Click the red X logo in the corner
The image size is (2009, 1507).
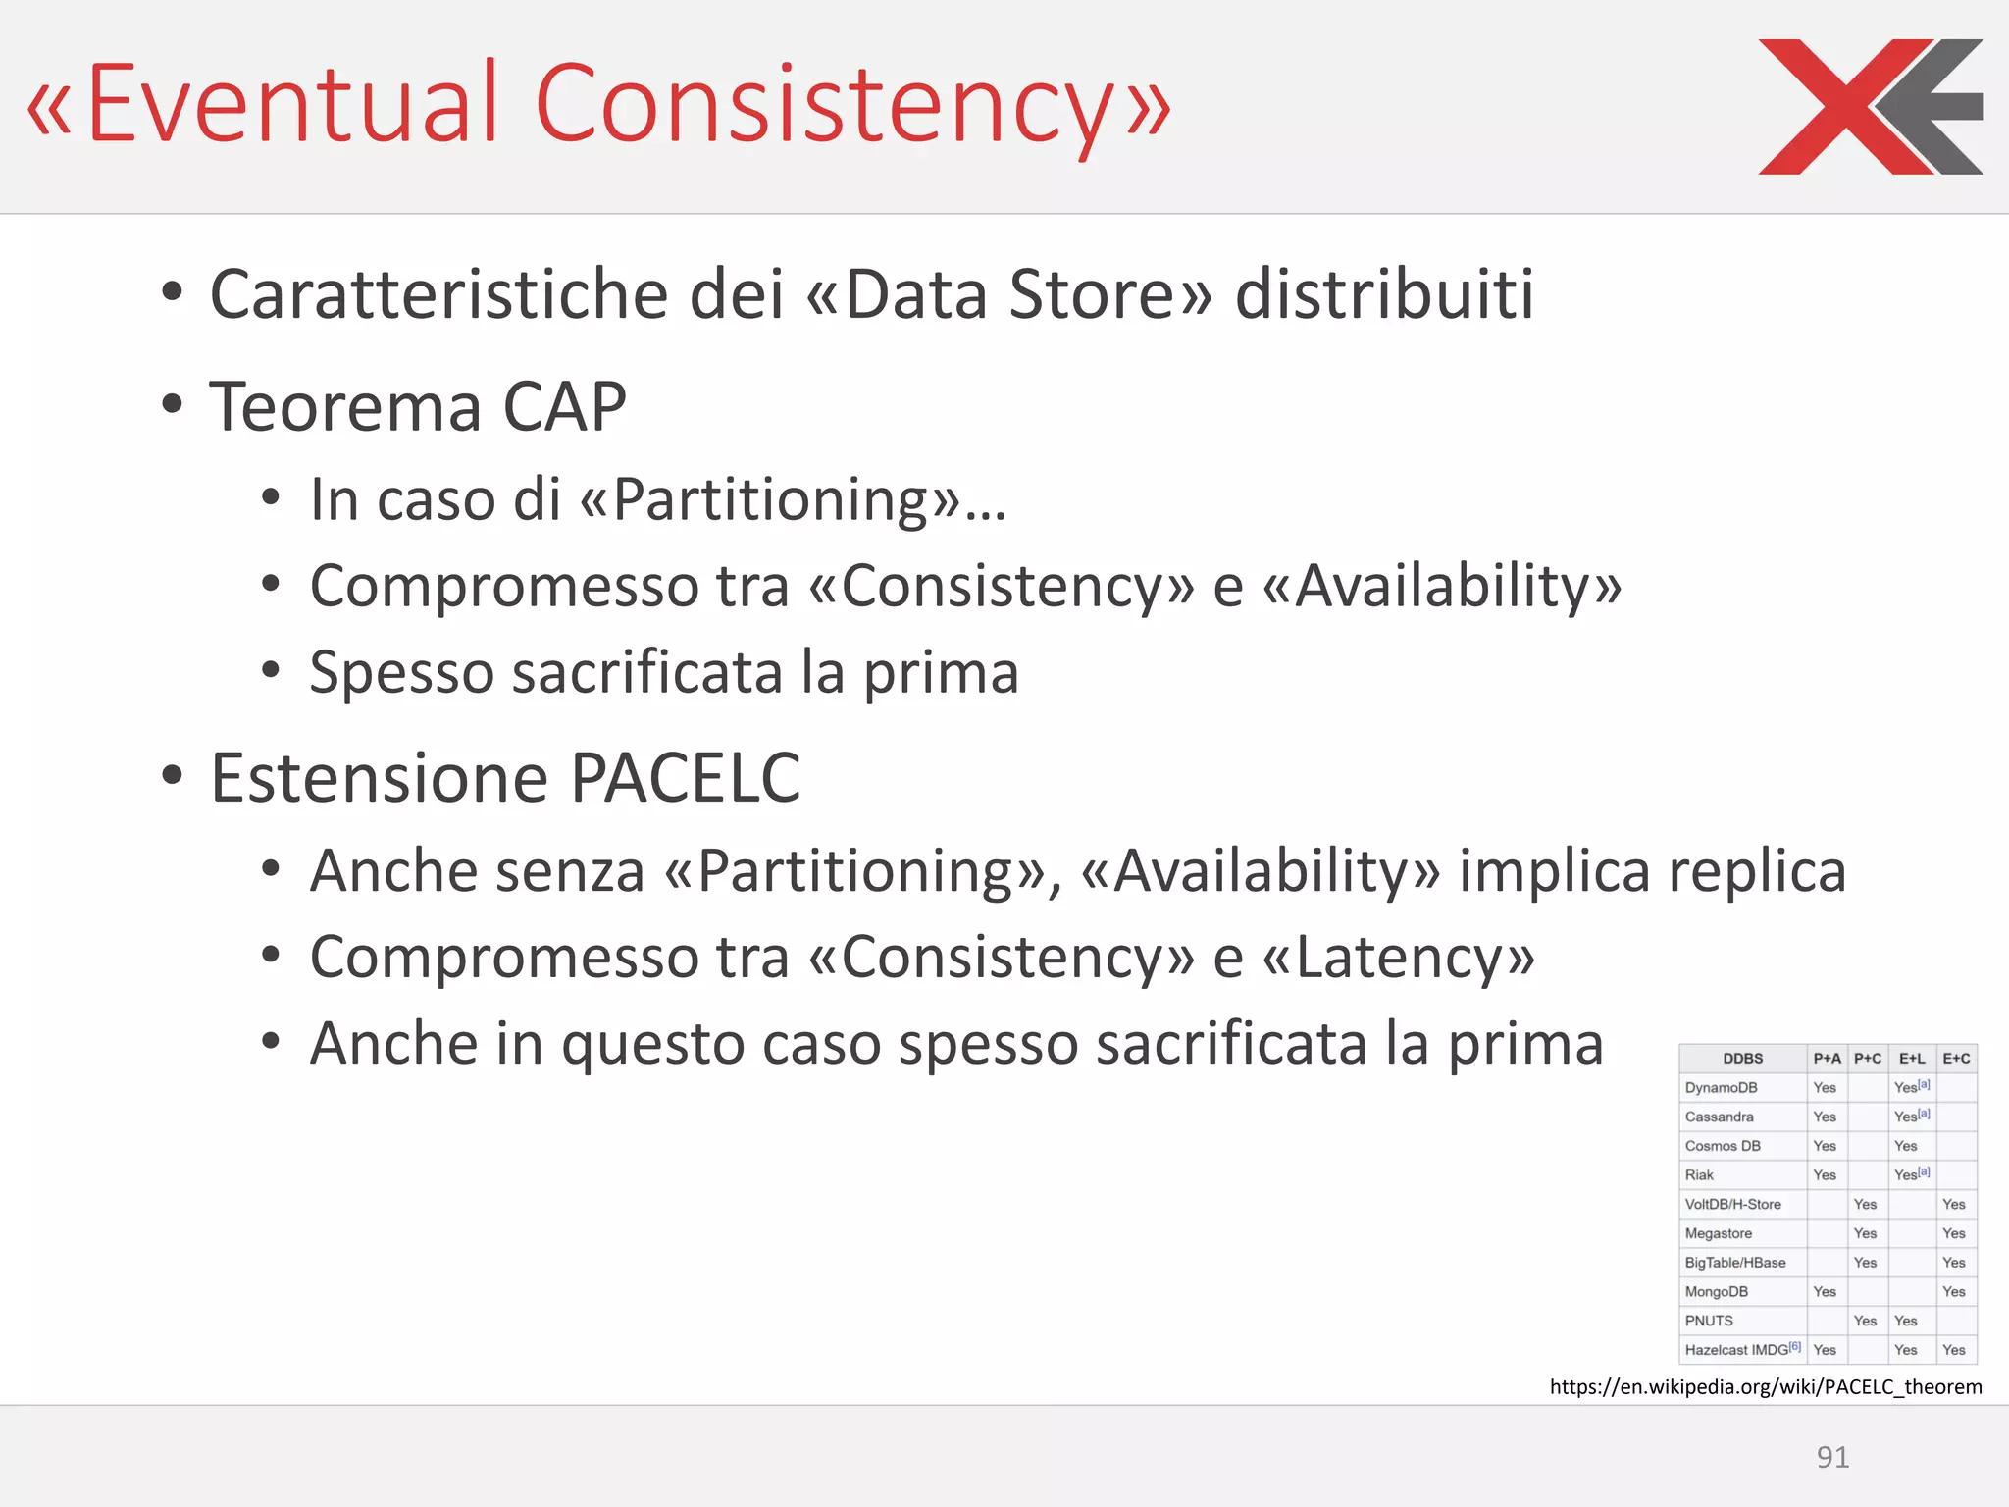[x=1869, y=106]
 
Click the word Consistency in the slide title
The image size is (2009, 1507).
[x=824, y=104]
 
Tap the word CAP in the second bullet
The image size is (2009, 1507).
[x=564, y=406]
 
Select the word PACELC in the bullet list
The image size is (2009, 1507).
[x=685, y=778]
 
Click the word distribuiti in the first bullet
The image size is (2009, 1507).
[x=1383, y=293]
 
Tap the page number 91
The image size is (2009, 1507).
[x=1832, y=1457]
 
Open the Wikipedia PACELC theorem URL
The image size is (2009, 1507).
[x=1766, y=1386]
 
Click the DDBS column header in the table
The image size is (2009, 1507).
[x=1742, y=1059]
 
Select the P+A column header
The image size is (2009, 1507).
[x=1827, y=1059]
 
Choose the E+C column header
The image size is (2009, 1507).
[x=1956, y=1059]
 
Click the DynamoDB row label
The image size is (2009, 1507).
[x=1721, y=1087]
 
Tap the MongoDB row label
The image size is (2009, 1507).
[x=1717, y=1291]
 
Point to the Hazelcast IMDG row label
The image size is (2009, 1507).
[x=1736, y=1350]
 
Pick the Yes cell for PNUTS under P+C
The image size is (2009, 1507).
[x=1865, y=1321]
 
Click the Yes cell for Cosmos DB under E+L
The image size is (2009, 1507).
[x=1905, y=1146]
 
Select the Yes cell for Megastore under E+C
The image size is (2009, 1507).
[x=1953, y=1233]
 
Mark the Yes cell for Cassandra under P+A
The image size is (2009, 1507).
[x=1825, y=1117]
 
